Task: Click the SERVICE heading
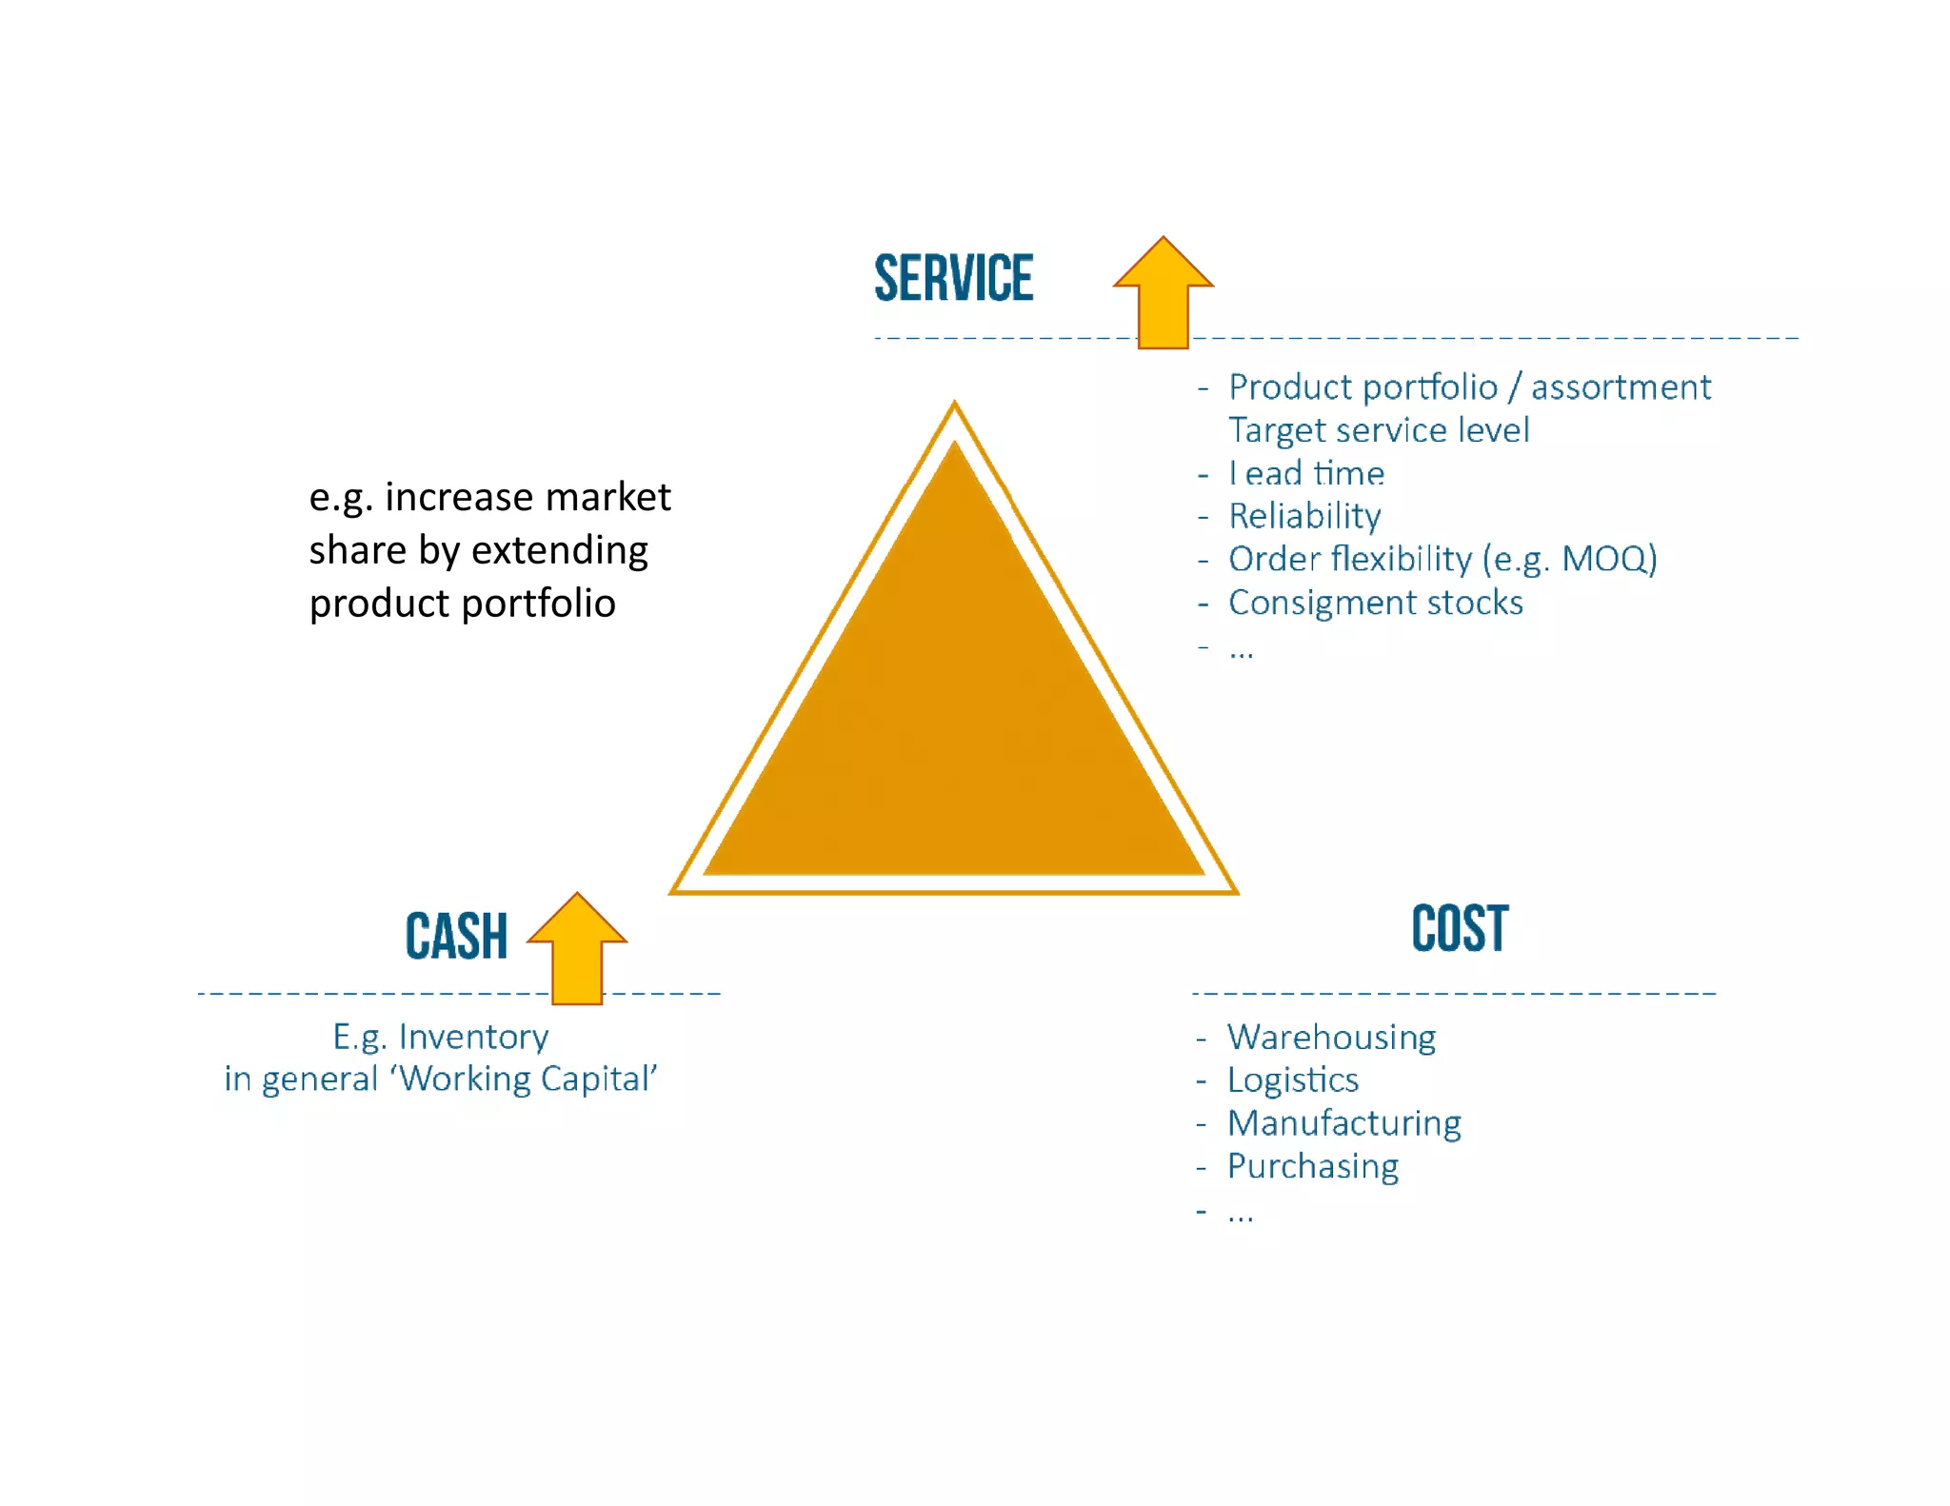tap(953, 278)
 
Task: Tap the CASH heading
tap(456, 936)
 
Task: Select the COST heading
tap(1460, 929)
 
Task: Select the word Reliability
tap(1304, 516)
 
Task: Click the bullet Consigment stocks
tap(1375, 603)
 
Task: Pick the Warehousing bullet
tap(1331, 1037)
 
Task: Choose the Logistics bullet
tap(1292, 1080)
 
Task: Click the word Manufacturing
tap(1343, 1123)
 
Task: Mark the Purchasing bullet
tap(1312, 1166)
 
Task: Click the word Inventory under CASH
tap(473, 1037)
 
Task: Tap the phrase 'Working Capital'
tap(527, 1079)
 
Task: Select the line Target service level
tap(1379, 430)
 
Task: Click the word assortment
tap(1621, 387)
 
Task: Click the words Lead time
tap(1306, 473)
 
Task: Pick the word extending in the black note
tap(560, 550)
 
